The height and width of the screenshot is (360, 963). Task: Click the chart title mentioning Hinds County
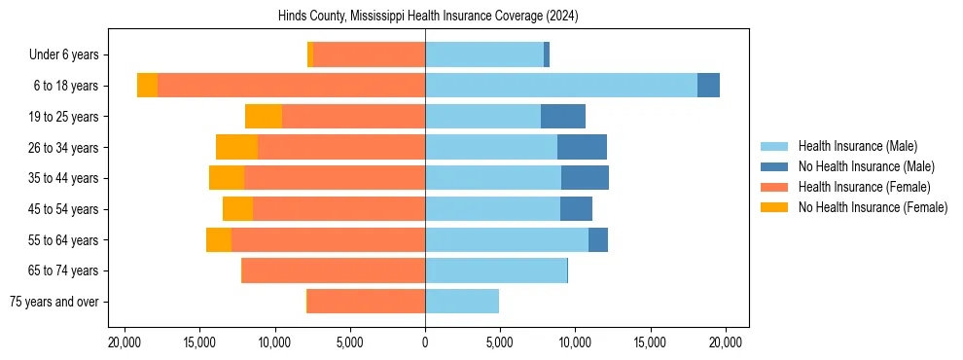pos(427,17)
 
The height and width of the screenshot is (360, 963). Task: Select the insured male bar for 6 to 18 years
pos(561,86)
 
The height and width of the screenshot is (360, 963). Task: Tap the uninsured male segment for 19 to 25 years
pos(563,117)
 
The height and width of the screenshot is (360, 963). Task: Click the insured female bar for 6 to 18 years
pos(291,86)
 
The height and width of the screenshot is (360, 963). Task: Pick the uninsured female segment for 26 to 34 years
pos(236,147)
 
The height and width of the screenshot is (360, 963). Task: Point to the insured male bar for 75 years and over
pos(462,302)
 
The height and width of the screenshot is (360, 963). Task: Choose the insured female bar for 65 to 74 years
pos(333,270)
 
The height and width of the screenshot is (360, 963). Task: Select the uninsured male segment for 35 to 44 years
pos(585,178)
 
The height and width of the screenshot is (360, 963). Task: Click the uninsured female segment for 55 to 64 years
pos(219,239)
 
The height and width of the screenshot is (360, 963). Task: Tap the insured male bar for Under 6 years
pos(484,54)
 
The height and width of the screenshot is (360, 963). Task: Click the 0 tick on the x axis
pos(425,342)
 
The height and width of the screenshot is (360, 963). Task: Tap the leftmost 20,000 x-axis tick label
pos(125,342)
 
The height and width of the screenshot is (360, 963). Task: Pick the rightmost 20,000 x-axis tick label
pos(726,342)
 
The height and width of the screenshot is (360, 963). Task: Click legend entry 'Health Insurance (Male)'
pos(857,146)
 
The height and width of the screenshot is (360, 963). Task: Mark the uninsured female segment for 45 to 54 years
pos(237,209)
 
